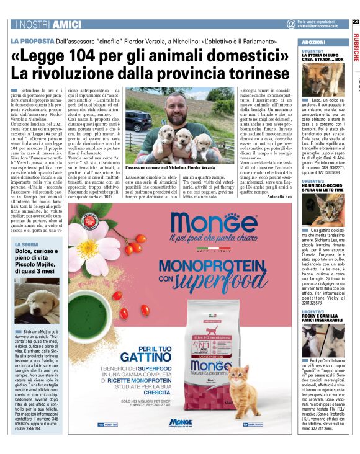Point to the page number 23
(355, 21)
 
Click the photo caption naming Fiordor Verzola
(169, 167)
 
